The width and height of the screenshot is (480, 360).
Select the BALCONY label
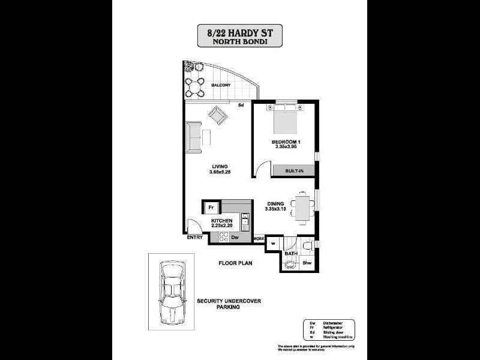tap(221, 85)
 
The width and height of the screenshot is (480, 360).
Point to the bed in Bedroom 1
tap(285, 121)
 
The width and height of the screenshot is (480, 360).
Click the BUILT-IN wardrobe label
tap(294, 170)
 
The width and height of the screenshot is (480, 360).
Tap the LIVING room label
tap(220, 166)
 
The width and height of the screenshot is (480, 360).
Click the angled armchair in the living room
tap(217, 115)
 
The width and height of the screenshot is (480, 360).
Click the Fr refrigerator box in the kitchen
tap(211, 208)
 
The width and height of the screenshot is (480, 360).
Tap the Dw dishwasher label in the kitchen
tap(235, 237)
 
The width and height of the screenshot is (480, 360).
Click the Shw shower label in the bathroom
tap(307, 263)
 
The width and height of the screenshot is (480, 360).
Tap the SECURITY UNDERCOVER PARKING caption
tap(221, 304)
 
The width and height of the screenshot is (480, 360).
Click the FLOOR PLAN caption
tap(235, 262)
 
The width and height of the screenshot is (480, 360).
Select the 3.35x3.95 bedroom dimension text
tap(286, 147)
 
